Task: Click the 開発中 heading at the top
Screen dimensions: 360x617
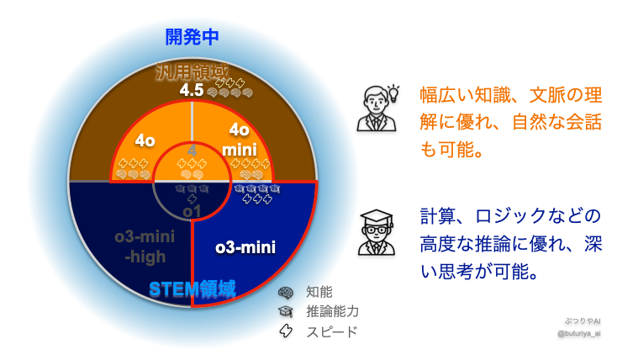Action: point(193,38)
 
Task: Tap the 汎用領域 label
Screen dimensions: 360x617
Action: point(192,72)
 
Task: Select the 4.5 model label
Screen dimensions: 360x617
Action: point(192,90)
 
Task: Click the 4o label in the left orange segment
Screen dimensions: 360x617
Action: point(145,140)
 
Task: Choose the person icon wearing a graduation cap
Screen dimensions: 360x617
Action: point(375,232)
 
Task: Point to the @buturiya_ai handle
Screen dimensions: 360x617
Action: point(579,333)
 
